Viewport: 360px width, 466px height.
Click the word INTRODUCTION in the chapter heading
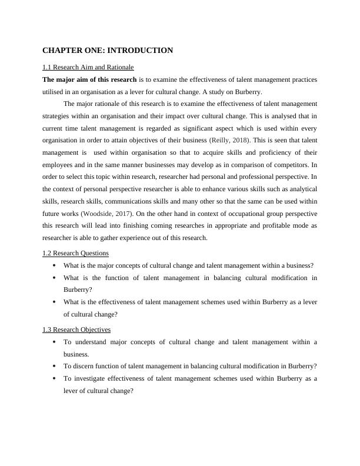(x=139, y=51)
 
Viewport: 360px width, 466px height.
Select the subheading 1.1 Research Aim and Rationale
(x=88, y=67)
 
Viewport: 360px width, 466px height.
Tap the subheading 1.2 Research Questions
(x=75, y=253)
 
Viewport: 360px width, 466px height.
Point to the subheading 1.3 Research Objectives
(x=76, y=329)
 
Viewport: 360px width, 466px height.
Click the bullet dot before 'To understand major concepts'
(x=55, y=342)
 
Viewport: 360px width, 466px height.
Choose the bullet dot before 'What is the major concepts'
(x=55, y=265)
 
